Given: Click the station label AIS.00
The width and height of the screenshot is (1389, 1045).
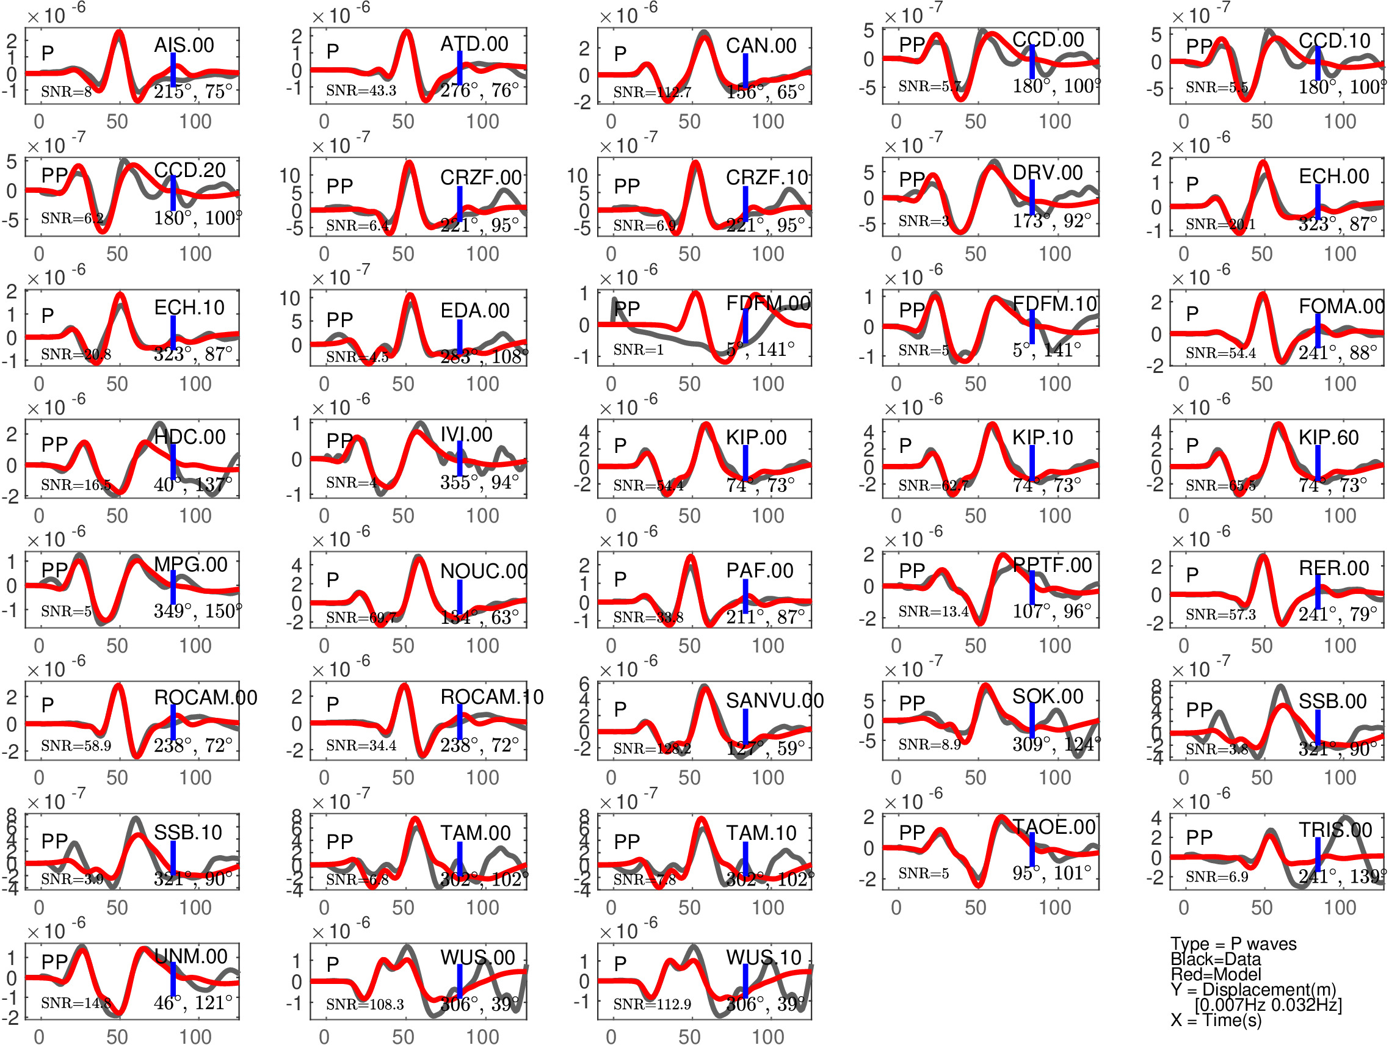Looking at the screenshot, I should click(184, 45).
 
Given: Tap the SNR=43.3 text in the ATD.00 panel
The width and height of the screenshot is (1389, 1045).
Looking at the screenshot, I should click(361, 91).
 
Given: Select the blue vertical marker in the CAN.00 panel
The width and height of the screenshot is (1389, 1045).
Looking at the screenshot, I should click(745, 70).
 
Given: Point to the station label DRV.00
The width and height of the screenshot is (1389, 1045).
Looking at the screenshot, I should click(1048, 173).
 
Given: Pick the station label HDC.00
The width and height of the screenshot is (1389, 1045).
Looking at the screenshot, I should click(190, 437).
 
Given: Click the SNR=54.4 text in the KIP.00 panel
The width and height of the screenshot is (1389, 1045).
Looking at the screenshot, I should click(648, 485).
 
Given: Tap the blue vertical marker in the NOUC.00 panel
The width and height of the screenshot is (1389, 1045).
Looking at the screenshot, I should click(460, 596).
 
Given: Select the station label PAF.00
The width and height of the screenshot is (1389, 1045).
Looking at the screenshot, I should click(760, 571).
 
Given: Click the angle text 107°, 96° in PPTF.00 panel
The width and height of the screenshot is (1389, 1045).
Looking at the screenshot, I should click(1052, 610).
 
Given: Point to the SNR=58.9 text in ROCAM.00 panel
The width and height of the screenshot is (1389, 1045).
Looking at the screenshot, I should click(76, 746).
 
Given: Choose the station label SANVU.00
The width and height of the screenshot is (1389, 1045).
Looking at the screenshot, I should click(775, 701).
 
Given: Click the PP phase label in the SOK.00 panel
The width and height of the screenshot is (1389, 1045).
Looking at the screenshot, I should click(912, 703).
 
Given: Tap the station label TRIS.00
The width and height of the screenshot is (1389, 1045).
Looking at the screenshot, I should click(1335, 830).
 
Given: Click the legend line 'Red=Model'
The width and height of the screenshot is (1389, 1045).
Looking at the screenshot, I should click(1216, 974).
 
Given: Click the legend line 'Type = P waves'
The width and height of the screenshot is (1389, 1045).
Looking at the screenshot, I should click(1233, 944).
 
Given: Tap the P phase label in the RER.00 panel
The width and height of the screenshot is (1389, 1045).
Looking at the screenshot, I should click(1192, 574).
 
